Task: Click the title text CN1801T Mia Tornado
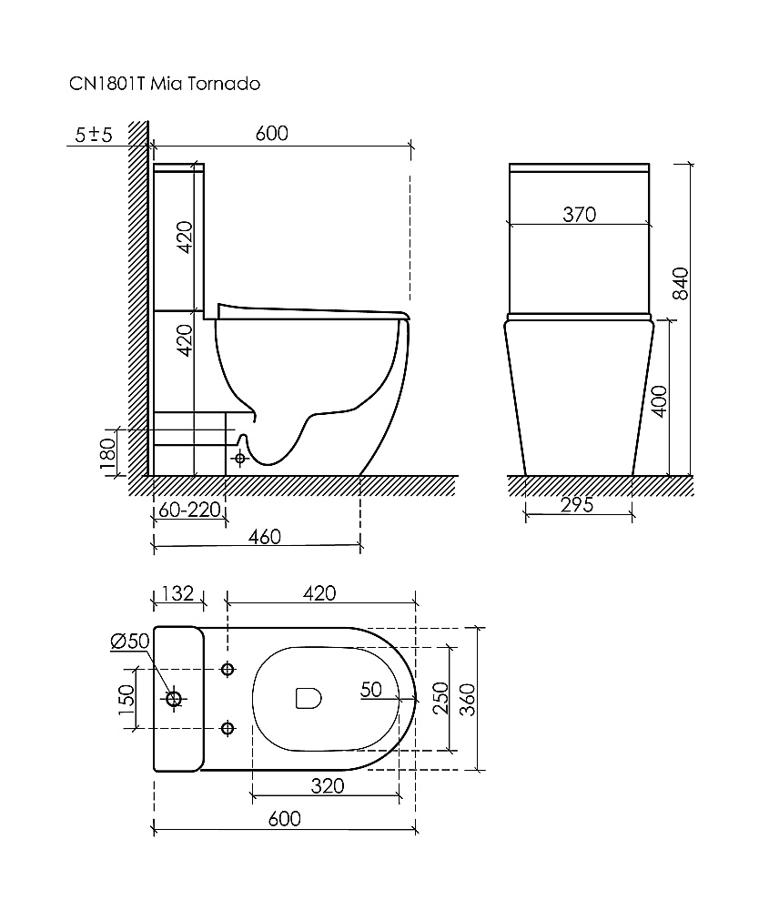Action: pyautogui.click(x=165, y=84)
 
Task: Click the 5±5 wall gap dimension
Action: pyautogui.click(x=94, y=136)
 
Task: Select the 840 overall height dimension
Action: pyautogui.click(x=681, y=284)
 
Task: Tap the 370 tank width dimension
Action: pyautogui.click(x=580, y=215)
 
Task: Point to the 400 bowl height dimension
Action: pyautogui.click(x=660, y=401)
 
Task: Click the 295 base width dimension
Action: pyautogui.click(x=577, y=505)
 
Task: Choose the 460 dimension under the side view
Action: pyautogui.click(x=265, y=537)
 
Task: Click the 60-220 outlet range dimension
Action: pyautogui.click(x=190, y=511)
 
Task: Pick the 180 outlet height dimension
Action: pyautogui.click(x=108, y=453)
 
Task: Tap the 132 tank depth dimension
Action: pyautogui.click(x=177, y=593)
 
